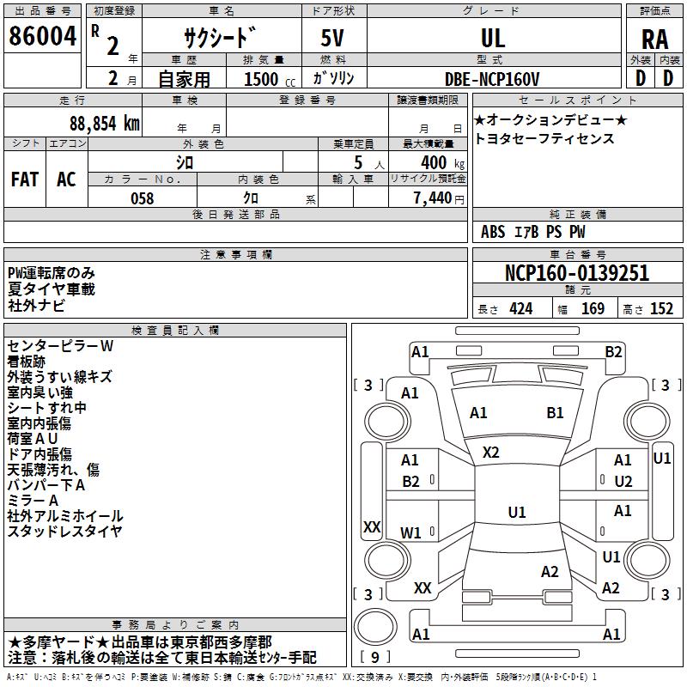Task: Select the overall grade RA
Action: click(654, 39)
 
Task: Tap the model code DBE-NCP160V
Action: click(493, 78)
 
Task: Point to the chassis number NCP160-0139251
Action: click(577, 274)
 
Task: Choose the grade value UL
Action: click(493, 38)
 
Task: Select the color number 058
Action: click(142, 198)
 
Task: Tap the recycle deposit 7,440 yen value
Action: click(438, 198)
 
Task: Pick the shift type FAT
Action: click(25, 179)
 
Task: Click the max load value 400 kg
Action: click(439, 162)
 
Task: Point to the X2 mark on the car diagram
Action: click(491, 452)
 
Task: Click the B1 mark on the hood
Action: click(555, 413)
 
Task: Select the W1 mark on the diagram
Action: click(410, 532)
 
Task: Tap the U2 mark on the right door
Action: click(623, 482)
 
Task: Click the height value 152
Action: click(661, 309)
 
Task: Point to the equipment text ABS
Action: click(493, 232)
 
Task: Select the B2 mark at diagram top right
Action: click(613, 351)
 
